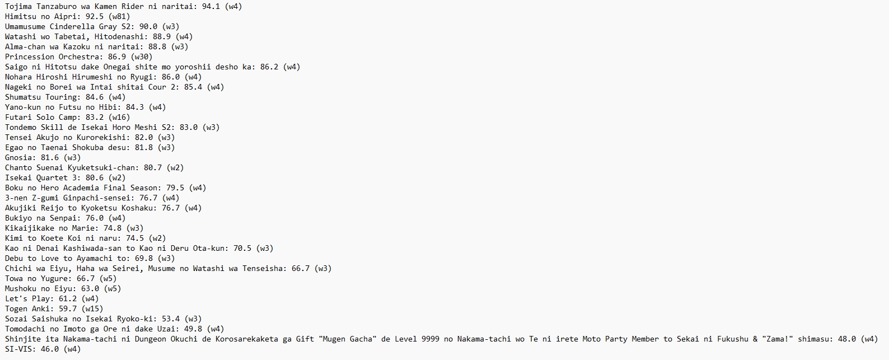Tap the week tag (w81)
[119, 17]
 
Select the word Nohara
[18, 77]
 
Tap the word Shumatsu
[23, 97]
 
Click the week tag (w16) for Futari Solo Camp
[119, 118]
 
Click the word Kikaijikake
[30, 228]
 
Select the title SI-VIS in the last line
[18, 349]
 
